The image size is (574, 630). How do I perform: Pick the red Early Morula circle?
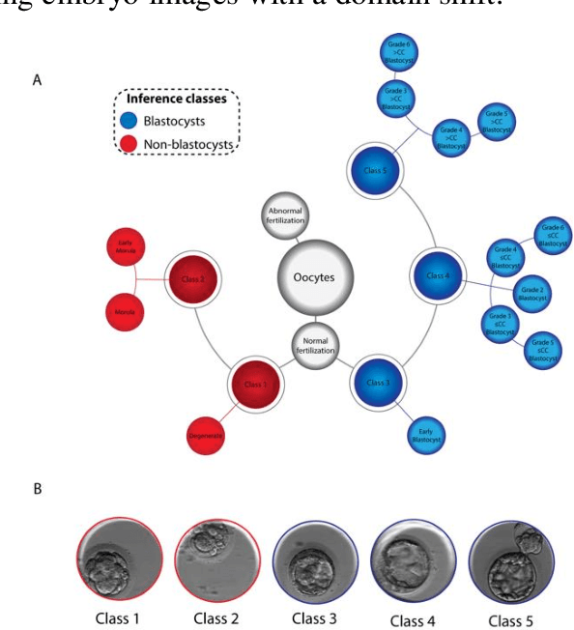(125, 248)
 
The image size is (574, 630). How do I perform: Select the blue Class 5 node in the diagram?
(371, 173)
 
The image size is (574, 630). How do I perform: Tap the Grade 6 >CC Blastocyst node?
(396, 56)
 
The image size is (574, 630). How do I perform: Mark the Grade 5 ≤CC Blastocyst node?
(543, 352)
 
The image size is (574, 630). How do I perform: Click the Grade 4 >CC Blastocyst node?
(451, 138)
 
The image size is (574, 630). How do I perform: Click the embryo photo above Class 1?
(120, 559)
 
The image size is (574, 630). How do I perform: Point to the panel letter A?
(38, 81)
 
